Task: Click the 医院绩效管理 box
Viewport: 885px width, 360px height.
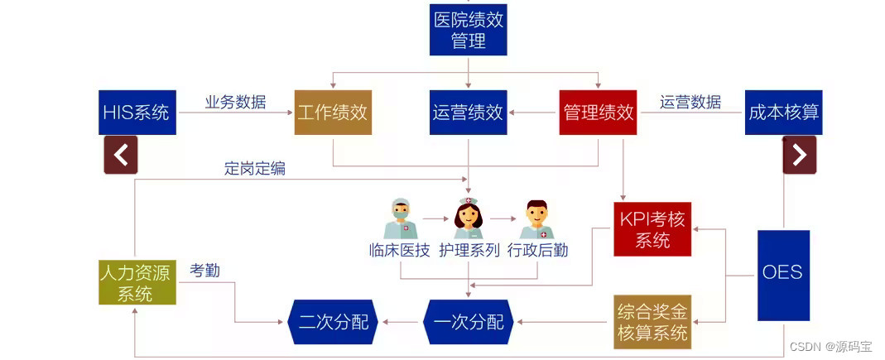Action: [469, 30]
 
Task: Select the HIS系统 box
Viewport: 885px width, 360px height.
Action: [137, 113]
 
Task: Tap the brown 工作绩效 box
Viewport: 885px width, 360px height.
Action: [333, 113]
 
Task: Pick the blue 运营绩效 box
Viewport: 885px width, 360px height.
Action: [469, 113]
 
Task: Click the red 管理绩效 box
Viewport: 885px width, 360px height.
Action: [599, 113]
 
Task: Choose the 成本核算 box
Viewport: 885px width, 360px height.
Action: [783, 113]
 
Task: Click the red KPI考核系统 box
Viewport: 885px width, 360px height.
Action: [652, 228]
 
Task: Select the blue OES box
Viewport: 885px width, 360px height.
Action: [783, 276]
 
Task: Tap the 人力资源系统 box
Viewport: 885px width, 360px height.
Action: [137, 282]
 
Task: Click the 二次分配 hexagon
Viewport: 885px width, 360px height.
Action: [333, 322]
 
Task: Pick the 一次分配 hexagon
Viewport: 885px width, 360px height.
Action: [469, 322]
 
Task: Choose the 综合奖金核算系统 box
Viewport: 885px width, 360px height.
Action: [652, 322]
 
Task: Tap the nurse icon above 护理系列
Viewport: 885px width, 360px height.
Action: [469, 218]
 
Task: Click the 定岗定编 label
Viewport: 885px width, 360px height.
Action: [254, 168]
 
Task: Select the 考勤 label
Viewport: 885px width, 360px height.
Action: [204, 271]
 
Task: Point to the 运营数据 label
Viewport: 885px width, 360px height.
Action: [690, 102]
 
